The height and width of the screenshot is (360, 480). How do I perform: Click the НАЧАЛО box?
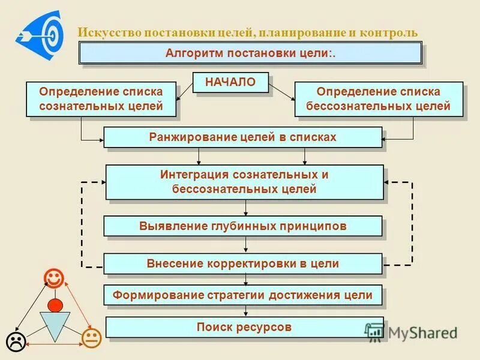pos(230,82)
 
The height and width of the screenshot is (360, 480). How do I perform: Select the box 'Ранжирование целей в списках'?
pos(242,137)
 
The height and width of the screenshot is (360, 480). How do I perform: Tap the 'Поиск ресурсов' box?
pos(244,327)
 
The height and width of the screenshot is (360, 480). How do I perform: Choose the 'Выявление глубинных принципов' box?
pos(242,226)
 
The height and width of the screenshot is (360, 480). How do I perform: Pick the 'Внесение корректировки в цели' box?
pos(242,263)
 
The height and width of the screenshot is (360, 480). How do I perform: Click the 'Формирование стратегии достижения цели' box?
pos(243,295)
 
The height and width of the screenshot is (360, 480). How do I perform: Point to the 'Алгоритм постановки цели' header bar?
pos(251,53)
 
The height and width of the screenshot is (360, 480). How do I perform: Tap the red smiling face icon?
pos(53,278)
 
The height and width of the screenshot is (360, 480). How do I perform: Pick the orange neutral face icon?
pos(91,338)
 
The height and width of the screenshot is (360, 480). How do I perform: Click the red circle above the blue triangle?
pos(55,304)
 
